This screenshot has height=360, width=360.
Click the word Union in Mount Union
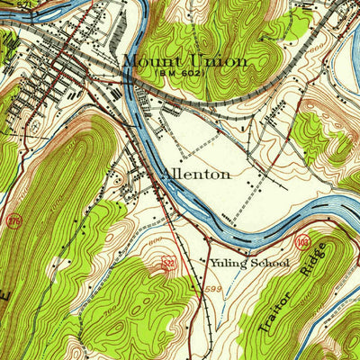[x=216, y=62]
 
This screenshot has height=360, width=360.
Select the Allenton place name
[x=195, y=174]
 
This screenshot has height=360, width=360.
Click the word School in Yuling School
[x=271, y=263]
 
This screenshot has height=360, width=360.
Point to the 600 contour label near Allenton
[x=154, y=240]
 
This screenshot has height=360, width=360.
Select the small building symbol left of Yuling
[x=204, y=262]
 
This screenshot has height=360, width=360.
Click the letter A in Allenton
[x=166, y=174]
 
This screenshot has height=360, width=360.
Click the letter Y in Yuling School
[x=214, y=263]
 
